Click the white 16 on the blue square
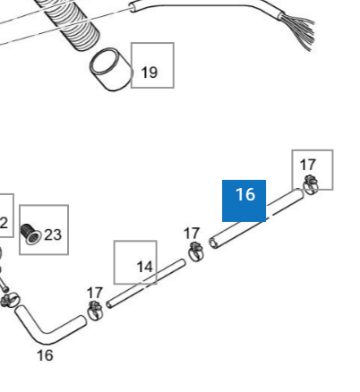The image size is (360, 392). (245, 194)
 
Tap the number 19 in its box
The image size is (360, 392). (149, 72)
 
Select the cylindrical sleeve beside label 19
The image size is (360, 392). (111, 70)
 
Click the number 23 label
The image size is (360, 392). (53, 234)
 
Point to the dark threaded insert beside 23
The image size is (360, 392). (30, 234)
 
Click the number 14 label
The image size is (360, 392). (145, 267)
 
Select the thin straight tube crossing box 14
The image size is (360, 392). (146, 284)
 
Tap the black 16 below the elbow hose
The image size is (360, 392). (45, 355)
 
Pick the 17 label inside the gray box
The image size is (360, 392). (308, 165)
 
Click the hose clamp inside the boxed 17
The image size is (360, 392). (311, 184)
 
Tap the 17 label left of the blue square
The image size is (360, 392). (192, 234)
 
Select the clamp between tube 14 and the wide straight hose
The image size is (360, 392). (195, 252)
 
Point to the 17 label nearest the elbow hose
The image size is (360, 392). (95, 293)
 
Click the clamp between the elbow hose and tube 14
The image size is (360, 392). (95, 311)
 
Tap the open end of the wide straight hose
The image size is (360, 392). (213, 243)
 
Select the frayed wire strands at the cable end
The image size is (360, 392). (298, 30)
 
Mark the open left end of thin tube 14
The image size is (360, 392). (109, 305)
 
